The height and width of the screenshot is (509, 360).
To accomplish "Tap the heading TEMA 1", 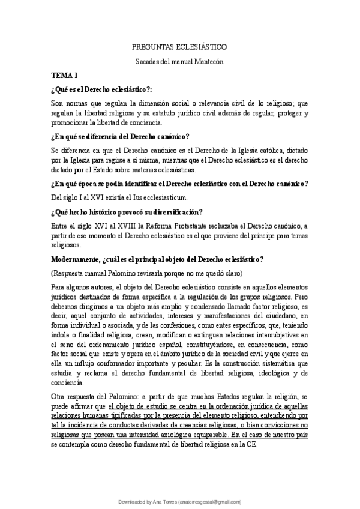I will coord(64,76).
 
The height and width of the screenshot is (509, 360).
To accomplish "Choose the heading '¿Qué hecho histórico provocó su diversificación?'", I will coord(127,211).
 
